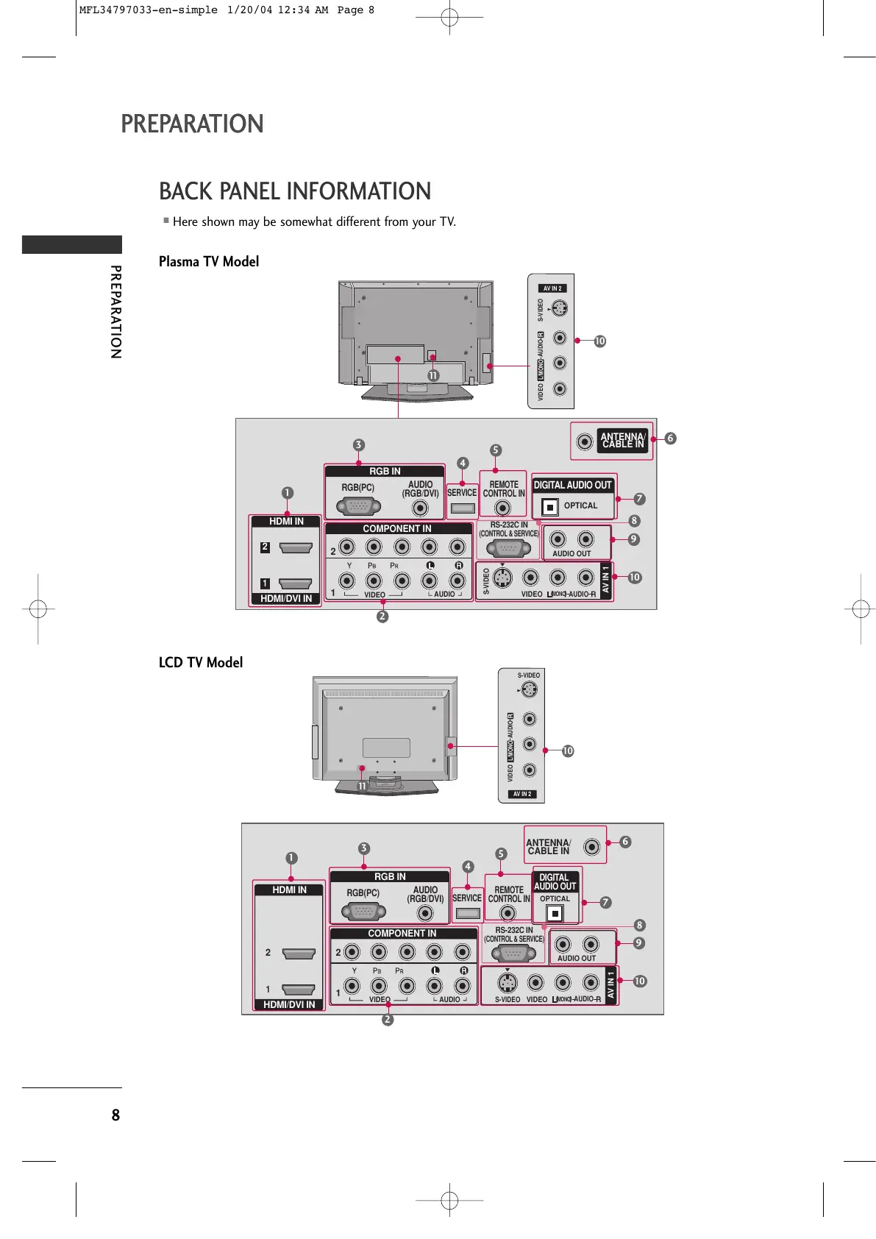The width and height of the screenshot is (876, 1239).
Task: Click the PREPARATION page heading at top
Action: [x=192, y=124]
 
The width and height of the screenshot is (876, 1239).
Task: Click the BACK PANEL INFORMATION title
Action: [x=295, y=191]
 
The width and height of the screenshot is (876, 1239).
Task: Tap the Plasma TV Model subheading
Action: [x=209, y=262]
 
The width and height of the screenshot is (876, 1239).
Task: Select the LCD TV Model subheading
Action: [x=201, y=662]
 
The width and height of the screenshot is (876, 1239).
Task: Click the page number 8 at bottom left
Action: [x=115, y=1115]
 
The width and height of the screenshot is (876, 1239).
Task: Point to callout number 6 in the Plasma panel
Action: [x=670, y=439]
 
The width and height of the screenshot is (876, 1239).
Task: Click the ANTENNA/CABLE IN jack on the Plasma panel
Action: [x=585, y=441]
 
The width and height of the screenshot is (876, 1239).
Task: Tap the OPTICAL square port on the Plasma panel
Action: [x=550, y=507]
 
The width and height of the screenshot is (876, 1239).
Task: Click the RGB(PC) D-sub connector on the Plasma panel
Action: [x=358, y=506]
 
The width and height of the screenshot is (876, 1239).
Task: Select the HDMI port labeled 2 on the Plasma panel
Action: [x=296, y=548]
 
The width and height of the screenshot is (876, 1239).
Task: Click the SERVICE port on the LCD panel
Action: [x=467, y=914]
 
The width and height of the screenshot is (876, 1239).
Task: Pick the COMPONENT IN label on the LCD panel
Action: [x=402, y=933]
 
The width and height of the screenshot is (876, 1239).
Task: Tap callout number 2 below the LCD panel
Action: [x=388, y=1020]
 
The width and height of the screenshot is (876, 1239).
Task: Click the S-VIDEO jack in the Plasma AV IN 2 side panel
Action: [x=560, y=308]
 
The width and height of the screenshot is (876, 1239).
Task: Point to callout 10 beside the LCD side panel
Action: [x=568, y=751]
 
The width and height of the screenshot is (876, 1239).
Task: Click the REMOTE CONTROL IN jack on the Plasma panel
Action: [x=502, y=508]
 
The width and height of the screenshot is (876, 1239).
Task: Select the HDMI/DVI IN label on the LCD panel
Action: [x=289, y=1004]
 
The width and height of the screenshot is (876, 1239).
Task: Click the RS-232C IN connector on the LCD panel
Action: [x=513, y=954]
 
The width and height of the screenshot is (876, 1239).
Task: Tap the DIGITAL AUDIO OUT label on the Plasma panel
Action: [x=573, y=485]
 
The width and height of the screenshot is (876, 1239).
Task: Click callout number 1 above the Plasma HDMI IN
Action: [x=288, y=493]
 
